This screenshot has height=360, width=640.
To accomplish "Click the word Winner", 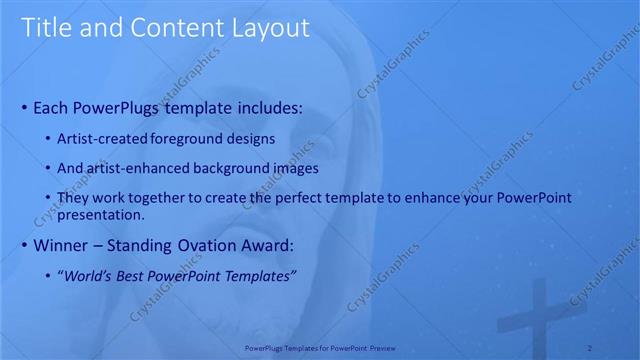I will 62,245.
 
